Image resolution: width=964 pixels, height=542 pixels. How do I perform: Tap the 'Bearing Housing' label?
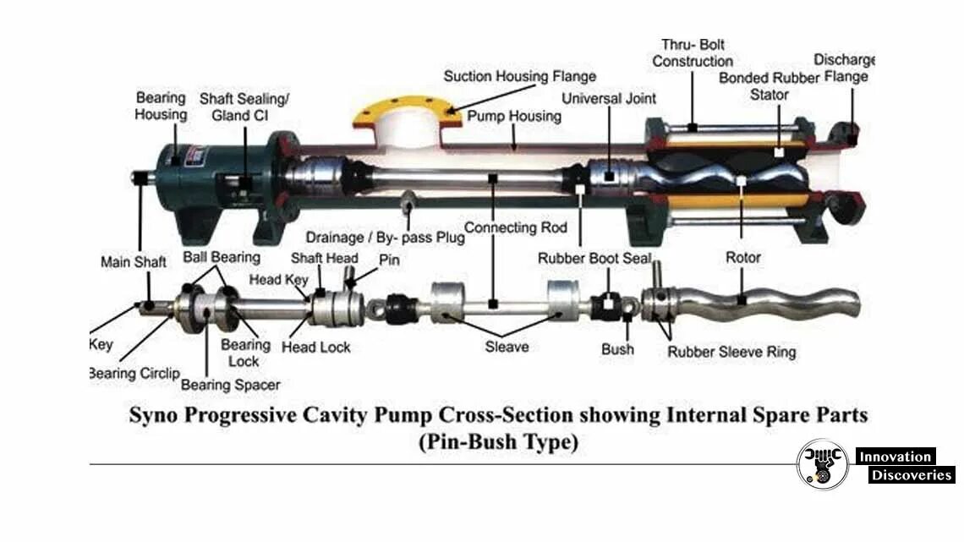(x=161, y=106)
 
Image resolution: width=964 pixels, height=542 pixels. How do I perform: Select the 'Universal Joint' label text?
(x=609, y=98)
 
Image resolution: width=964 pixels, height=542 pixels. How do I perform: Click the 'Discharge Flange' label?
(x=843, y=68)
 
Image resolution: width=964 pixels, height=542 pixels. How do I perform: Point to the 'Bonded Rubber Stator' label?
(x=770, y=86)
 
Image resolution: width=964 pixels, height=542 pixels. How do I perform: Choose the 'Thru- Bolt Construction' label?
(x=693, y=52)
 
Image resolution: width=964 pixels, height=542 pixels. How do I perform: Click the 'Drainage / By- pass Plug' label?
(x=385, y=238)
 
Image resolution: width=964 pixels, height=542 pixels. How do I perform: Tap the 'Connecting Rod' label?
(x=512, y=227)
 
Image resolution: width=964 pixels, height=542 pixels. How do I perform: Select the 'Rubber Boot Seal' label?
(x=594, y=258)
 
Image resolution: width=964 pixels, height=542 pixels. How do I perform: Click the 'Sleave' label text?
(x=507, y=346)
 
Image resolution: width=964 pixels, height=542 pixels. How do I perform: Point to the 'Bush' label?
(x=617, y=348)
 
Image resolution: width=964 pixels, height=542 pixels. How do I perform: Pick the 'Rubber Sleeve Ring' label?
(x=731, y=352)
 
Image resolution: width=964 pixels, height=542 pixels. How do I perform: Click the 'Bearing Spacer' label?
(x=230, y=385)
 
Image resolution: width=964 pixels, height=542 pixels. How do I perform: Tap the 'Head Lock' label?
(x=316, y=347)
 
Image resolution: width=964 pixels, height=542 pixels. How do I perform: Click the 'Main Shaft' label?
(x=134, y=262)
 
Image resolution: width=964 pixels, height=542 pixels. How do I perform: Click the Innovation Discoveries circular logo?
(x=822, y=463)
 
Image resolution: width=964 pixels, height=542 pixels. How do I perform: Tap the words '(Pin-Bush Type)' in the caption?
(x=498, y=442)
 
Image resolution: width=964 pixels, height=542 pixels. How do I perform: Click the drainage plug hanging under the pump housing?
(x=408, y=202)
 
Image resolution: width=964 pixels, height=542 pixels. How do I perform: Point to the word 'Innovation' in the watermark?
(x=895, y=457)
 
